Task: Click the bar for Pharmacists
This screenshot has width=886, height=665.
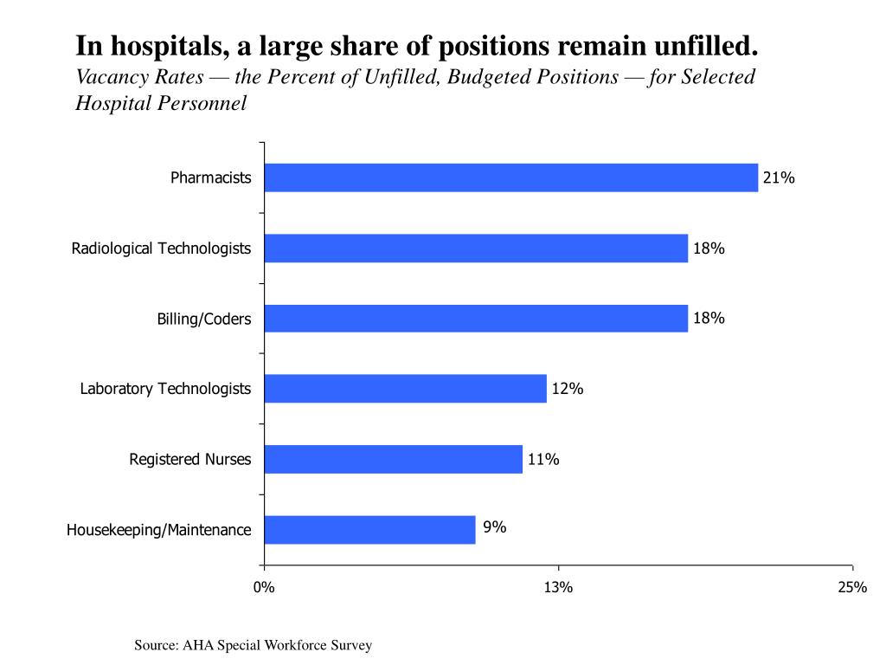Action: click(x=510, y=178)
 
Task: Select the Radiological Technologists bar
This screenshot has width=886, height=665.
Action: click(x=476, y=249)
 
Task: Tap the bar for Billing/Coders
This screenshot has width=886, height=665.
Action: click(x=476, y=319)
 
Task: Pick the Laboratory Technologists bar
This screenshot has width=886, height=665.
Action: click(x=405, y=389)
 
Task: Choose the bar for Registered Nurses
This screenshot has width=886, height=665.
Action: click(x=393, y=459)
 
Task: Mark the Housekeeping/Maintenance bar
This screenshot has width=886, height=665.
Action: click(x=369, y=530)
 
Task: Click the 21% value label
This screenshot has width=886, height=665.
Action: click(x=778, y=178)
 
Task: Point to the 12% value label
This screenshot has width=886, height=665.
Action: click(x=568, y=389)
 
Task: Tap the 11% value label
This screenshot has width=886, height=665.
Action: click(x=543, y=459)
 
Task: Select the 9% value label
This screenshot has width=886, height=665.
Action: click(x=495, y=526)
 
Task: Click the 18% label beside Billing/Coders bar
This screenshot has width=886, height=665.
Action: click(x=709, y=318)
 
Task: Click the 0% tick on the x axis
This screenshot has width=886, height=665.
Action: click(x=264, y=588)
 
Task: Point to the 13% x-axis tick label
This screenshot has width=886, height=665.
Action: click(x=558, y=588)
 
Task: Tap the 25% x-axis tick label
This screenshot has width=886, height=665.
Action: click(x=852, y=588)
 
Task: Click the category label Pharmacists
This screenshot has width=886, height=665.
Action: click(x=210, y=178)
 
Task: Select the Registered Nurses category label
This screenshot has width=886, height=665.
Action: click(x=190, y=459)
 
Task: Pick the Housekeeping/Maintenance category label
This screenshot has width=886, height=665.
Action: click(x=159, y=530)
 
